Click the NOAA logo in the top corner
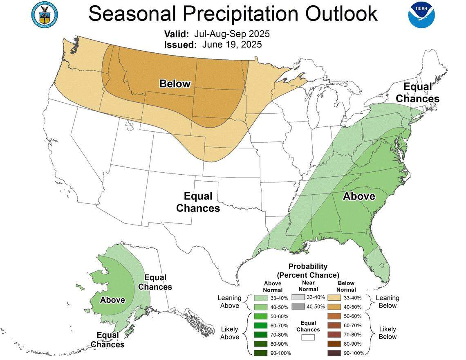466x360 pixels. pyautogui.click(x=421, y=14)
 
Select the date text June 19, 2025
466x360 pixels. pyautogui.click(x=232, y=44)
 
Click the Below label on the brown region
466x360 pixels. pyautogui.click(x=175, y=84)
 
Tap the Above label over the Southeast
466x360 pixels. pyautogui.click(x=358, y=196)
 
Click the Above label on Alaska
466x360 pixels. pyautogui.click(x=112, y=300)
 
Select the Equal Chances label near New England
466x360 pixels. pyautogui.click(x=417, y=93)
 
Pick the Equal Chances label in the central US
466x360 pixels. pyautogui.click(x=198, y=202)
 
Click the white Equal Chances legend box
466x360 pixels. pyautogui.click(x=308, y=337)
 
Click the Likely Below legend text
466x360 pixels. pyautogui.click(x=387, y=333)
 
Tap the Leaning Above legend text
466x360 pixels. pyautogui.click(x=230, y=302)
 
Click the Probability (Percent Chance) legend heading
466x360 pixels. pyautogui.click(x=308, y=270)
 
